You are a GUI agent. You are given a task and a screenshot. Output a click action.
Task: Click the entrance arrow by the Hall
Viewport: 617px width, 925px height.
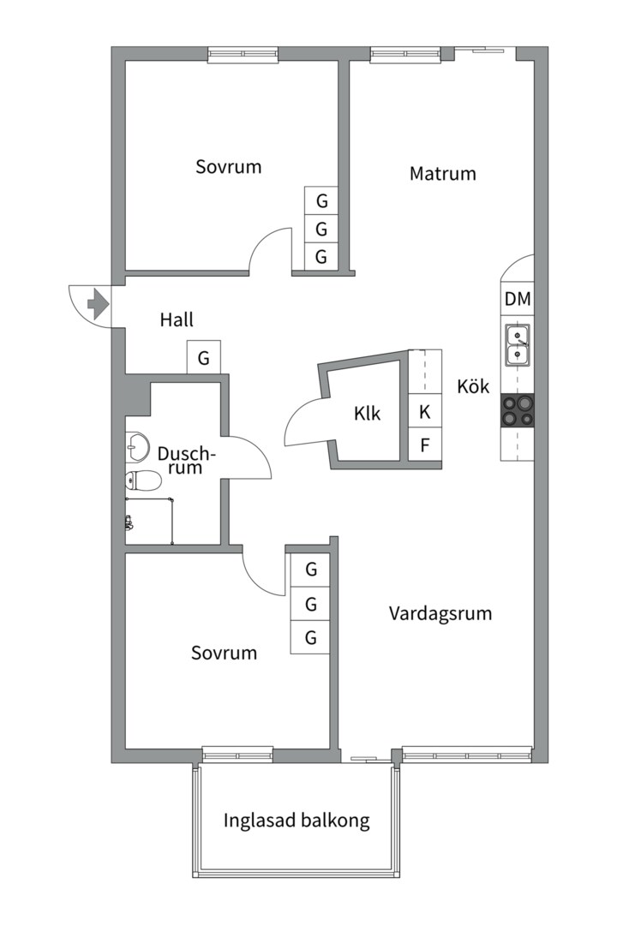click(98, 304)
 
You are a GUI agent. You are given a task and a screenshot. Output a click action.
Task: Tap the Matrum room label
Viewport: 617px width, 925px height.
click(443, 173)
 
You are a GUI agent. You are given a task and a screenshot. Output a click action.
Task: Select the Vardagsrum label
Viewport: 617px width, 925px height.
click(440, 613)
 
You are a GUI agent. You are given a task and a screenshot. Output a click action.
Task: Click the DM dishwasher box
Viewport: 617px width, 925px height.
click(518, 299)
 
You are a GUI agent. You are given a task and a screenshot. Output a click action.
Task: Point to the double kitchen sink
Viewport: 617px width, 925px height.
click(518, 344)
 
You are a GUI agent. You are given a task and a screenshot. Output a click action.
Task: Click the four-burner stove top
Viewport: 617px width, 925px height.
click(518, 410)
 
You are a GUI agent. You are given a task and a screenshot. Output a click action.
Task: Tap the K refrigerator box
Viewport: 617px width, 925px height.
click(425, 412)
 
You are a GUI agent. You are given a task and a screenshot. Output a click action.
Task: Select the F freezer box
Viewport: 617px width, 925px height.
click(425, 445)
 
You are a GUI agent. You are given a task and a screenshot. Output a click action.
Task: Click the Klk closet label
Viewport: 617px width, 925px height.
click(368, 414)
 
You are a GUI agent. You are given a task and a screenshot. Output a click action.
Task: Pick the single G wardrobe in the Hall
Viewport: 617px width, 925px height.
click(204, 357)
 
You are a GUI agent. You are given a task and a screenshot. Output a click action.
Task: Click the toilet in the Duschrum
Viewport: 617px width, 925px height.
click(143, 481)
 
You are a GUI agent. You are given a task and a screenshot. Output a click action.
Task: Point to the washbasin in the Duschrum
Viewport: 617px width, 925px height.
click(137, 446)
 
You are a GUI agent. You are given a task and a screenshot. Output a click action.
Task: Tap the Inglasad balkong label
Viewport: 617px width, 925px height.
click(297, 821)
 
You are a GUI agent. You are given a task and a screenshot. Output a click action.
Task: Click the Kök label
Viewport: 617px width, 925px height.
click(474, 385)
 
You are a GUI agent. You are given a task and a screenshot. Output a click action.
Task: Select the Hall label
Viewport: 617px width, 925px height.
click(177, 319)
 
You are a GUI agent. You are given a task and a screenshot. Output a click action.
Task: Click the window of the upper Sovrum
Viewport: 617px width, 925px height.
click(243, 55)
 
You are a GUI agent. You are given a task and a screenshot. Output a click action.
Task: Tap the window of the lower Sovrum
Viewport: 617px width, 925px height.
click(238, 754)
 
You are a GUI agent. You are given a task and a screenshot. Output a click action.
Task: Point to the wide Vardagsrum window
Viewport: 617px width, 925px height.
click(466, 755)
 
